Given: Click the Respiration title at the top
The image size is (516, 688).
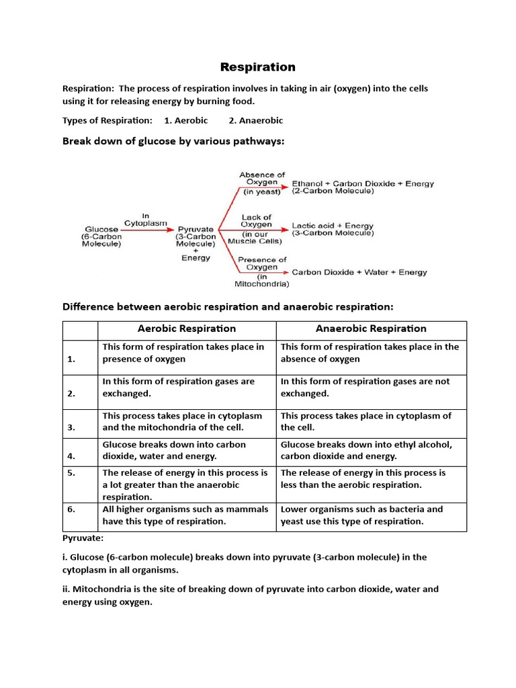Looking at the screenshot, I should pos(258,67).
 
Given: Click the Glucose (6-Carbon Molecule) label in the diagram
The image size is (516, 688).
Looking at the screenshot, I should pos(101,236).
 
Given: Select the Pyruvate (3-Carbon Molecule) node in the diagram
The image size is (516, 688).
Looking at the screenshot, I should pos(196,236).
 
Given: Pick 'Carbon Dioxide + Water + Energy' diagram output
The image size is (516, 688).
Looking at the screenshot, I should pos(359,272).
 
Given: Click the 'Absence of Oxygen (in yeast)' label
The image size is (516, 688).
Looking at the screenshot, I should pos(261,183).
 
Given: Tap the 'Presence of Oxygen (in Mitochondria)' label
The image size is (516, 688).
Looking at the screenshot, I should pos(261,271).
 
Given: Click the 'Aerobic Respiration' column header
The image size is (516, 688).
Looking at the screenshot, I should pos(187,329).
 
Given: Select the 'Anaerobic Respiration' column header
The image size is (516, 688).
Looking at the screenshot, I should pos(371,329).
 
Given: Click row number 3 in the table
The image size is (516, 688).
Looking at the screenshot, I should pos(71,427).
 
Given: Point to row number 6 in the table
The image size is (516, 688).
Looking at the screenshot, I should pos(71,509).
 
